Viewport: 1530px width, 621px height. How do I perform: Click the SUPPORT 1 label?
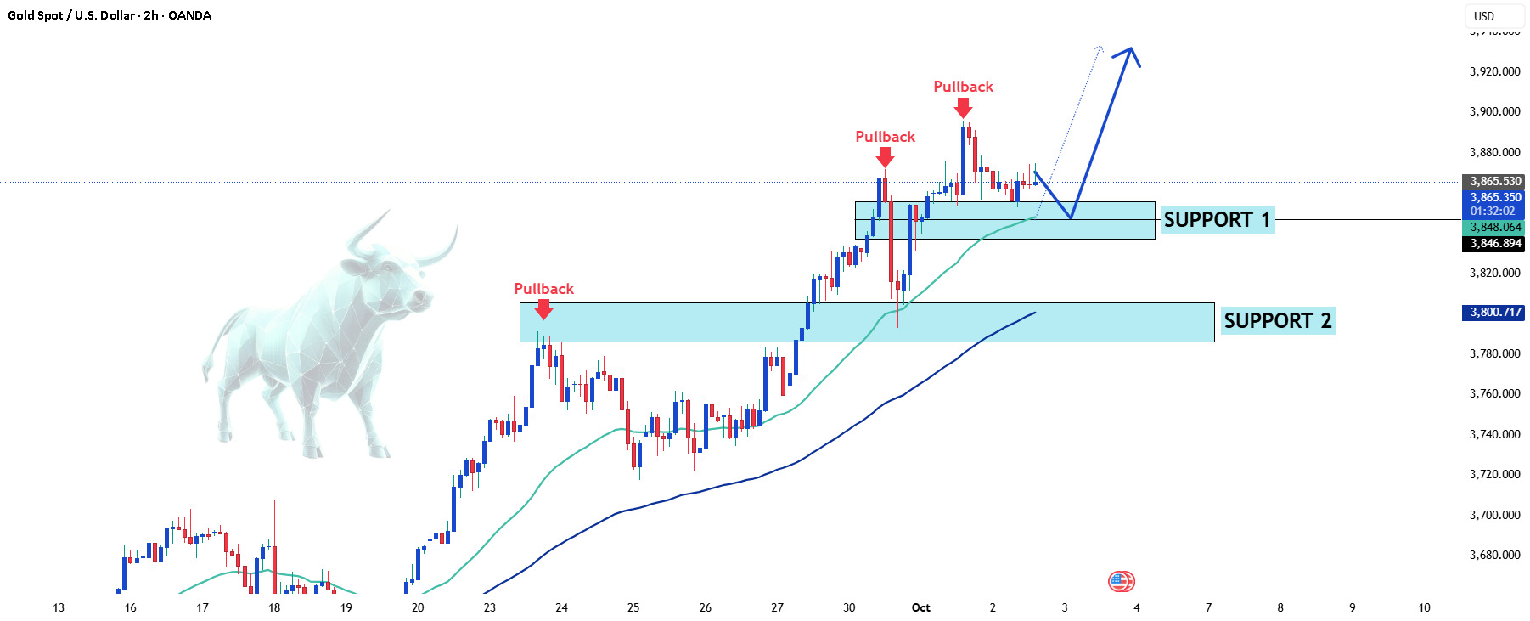point(1217,220)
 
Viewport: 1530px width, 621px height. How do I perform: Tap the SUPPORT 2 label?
point(1278,321)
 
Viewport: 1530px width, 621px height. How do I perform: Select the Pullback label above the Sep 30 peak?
point(885,137)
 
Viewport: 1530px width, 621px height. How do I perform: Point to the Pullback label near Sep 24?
point(544,289)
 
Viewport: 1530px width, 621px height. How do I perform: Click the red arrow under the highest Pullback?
point(963,108)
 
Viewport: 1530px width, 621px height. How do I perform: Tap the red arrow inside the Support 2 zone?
point(543,309)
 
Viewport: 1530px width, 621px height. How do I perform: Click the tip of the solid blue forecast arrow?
point(1131,48)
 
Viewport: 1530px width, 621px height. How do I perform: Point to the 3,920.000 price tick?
point(1495,71)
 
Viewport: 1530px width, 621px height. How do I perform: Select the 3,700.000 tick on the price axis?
point(1495,515)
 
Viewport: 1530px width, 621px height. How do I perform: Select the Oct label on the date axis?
point(920,607)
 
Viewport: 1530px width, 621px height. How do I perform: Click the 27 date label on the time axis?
point(778,607)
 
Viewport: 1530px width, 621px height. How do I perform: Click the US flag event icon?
point(1121,582)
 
